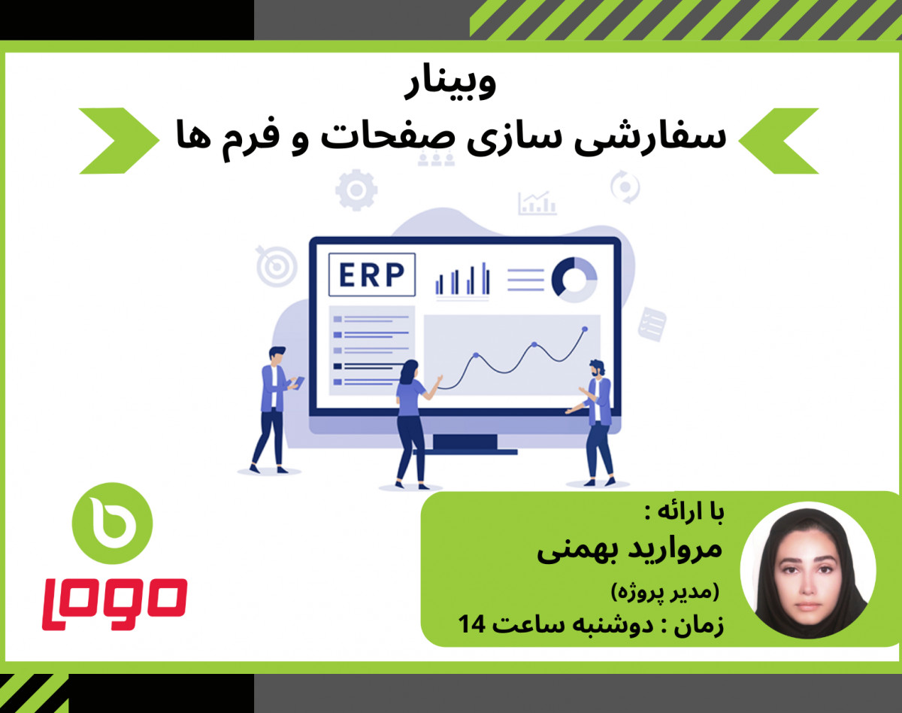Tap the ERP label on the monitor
coord(371,275)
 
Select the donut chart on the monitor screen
coord(574,279)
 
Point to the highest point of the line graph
coord(584,329)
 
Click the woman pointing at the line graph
coord(411,421)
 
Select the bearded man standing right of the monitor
coord(596,421)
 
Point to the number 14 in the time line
coord(474,623)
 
